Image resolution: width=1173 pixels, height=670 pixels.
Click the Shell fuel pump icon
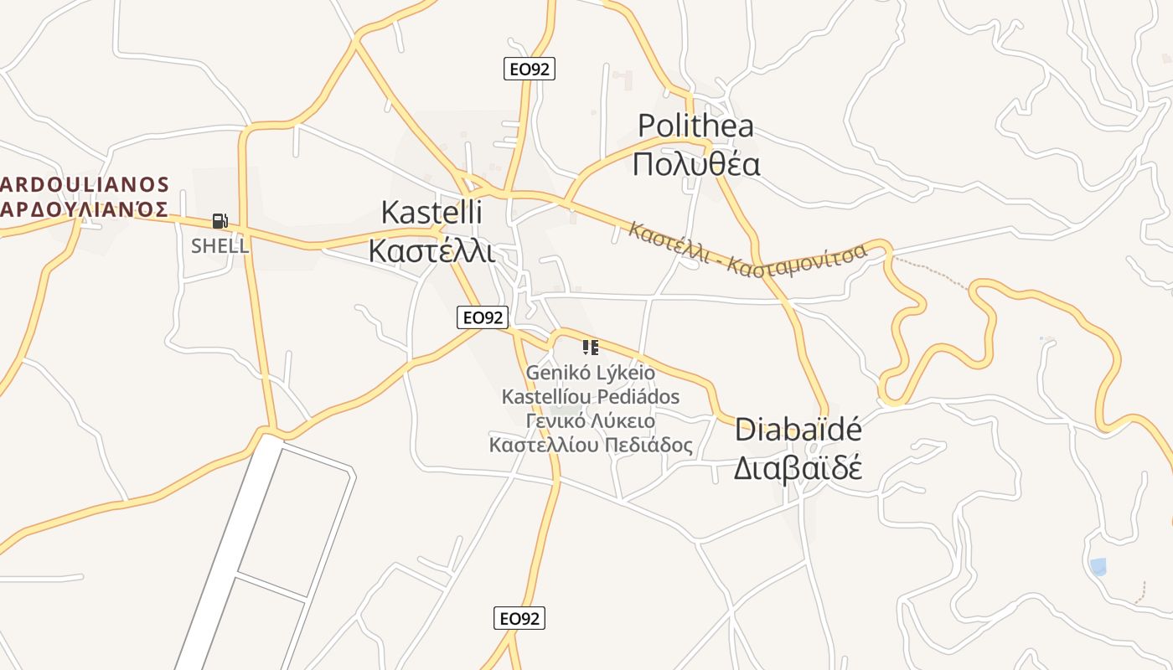pyautogui.click(x=220, y=221)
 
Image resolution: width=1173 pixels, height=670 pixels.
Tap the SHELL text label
pyautogui.click(x=220, y=246)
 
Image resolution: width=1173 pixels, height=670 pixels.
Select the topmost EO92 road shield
pyautogui.click(x=530, y=69)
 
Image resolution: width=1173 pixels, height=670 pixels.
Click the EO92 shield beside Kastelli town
pyautogui.click(x=483, y=317)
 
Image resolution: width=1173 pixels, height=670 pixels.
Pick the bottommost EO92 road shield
pyautogui.click(x=519, y=618)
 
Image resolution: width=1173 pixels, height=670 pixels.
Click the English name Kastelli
pyautogui.click(x=431, y=212)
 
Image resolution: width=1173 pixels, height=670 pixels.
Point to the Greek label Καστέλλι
pyautogui.click(x=431, y=250)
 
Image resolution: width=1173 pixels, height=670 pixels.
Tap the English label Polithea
pyautogui.click(x=695, y=126)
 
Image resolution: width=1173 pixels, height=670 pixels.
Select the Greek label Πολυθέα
pyautogui.click(x=695, y=163)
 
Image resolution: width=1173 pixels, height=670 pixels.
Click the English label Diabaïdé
pyautogui.click(x=798, y=430)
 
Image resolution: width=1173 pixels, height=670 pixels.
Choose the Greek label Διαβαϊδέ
pyautogui.click(x=798, y=467)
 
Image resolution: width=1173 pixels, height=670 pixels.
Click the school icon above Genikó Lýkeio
pyautogui.click(x=591, y=347)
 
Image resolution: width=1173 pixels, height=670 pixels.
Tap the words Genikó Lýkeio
pyautogui.click(x=591, y=371)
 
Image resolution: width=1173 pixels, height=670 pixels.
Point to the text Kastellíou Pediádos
pyautogui.click(x=591, y=395)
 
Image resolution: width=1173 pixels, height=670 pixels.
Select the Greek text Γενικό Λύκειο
pyautogui.click(x=591, y=420)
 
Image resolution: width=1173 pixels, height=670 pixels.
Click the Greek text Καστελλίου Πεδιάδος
pyautogui.click(x=591, y=445)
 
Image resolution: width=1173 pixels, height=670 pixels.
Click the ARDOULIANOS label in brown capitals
pyautogui.click(x=85, y=184)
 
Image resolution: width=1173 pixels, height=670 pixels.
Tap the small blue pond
pyautogui.click(x=1098, y=567)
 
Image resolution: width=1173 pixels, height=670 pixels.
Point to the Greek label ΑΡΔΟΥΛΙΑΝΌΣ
pyautogui.click(x=85, y=209)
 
